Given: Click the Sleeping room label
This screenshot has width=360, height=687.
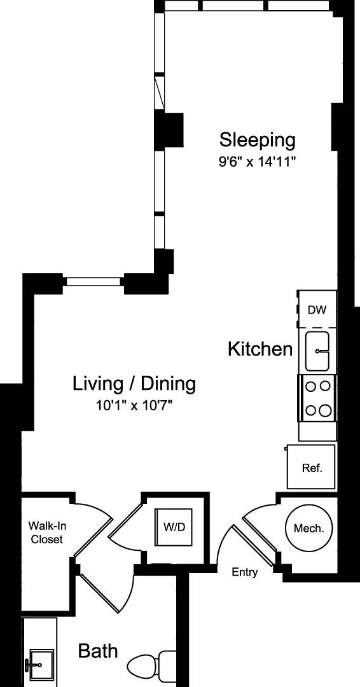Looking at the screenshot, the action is click(x=258, y=141).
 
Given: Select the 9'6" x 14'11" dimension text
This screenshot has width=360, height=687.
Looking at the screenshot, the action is click(x=258, y=163).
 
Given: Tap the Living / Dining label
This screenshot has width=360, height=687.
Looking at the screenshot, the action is click(x=134, y=384).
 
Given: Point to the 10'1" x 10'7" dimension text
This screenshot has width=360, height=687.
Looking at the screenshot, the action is click(x=134, y=406).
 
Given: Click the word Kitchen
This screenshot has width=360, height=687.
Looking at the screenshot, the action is click(x=260, y=349).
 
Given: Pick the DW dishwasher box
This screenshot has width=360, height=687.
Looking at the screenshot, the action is click(x=317, y=309).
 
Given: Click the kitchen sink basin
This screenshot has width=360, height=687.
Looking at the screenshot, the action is click(x=317, y=351).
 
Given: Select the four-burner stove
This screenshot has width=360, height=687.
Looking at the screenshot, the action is click(x=317, y=398).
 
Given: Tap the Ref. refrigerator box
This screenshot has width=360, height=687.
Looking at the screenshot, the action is click(x=312, y=467).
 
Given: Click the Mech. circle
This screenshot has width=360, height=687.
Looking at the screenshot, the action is click(x=308, y=528).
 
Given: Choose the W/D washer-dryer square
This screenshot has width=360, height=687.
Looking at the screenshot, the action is click(x=174, y=527).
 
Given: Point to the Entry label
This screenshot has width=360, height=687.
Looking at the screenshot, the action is click(x=245, y=572).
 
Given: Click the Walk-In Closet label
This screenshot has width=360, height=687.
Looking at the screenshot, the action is click(x=46, y=532).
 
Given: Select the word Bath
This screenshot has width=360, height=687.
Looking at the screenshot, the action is click(x=98, y=651).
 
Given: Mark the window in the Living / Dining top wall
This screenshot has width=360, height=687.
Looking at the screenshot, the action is click(x=93, y=282).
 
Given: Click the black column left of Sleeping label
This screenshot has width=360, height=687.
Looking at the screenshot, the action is click(x=169, y=129).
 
